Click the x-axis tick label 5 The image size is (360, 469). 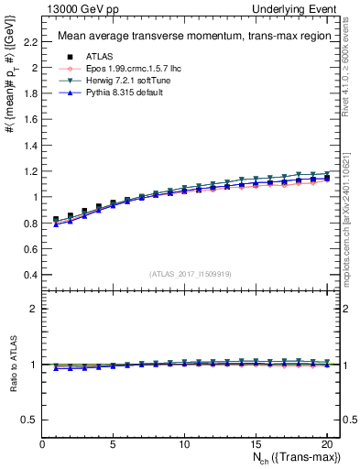(x=114, y=446)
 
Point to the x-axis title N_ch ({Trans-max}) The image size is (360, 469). (x=293, y=460)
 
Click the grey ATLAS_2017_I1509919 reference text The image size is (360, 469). (x=190, y=273)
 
